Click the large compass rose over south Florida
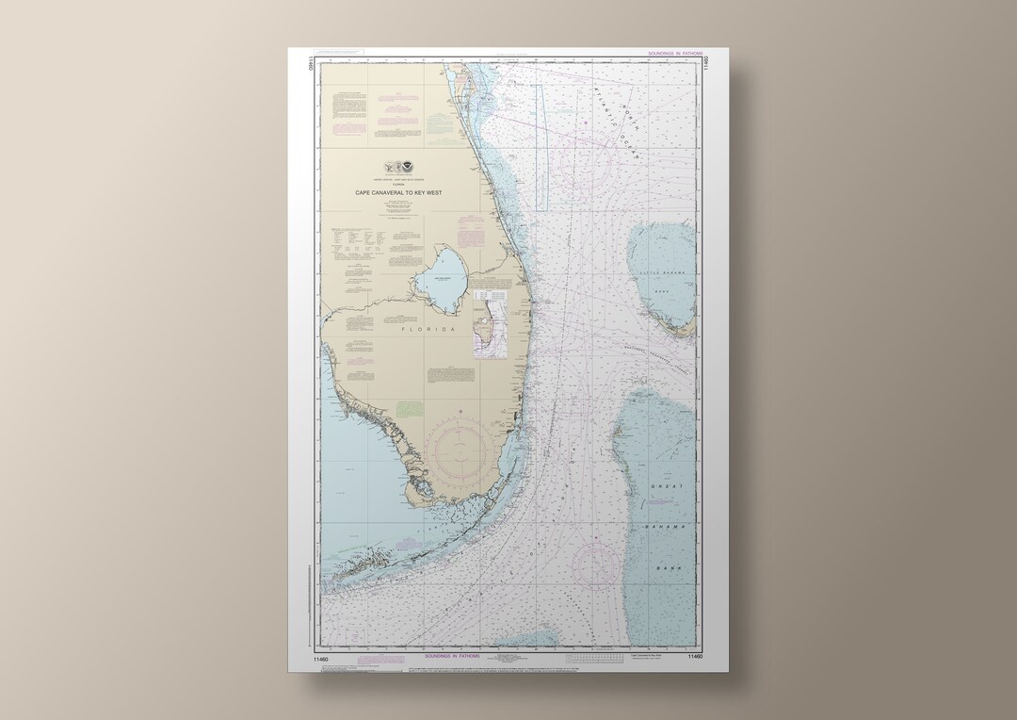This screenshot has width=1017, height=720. (x=467, y=450)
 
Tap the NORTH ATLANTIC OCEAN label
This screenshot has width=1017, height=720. (x=617, y=119)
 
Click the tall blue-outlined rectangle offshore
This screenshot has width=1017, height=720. (x=541, y=146)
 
